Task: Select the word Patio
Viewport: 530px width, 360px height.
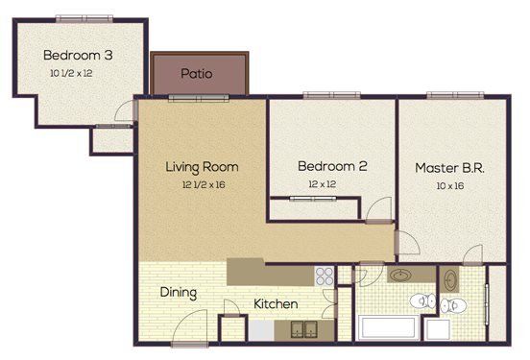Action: (197, 73)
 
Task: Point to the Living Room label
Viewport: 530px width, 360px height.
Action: (202, 166)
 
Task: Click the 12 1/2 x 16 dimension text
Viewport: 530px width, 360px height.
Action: (202, 183)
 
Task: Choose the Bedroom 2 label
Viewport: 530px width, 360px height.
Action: (332, 166)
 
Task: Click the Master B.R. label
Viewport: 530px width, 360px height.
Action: (448, 167)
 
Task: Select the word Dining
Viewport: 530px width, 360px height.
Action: (179, 293)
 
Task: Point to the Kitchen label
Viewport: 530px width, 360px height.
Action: (276, 304)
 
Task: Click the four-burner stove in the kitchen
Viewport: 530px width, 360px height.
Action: (325, 276)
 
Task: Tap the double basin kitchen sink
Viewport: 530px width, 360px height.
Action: (302, 329)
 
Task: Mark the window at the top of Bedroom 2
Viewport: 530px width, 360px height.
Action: (318, 95)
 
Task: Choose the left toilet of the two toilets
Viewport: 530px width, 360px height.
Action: (419, 302)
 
